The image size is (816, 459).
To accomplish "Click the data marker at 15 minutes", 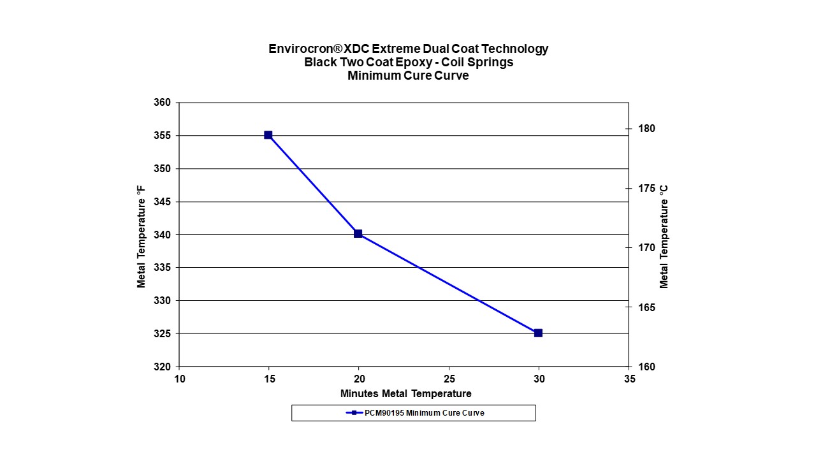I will (268, 135).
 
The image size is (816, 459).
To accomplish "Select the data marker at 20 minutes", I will (358, 234).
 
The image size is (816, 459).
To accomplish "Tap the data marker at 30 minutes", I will (538, 333).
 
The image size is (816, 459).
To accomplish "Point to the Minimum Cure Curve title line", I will (408, 75).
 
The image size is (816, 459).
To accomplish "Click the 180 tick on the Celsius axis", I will (647, 129).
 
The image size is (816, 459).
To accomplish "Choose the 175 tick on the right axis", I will (647, 188).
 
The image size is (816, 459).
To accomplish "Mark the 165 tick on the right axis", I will (647, 307).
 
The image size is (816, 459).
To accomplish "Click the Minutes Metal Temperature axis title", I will (405, 393).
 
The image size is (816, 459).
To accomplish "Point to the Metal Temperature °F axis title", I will (142, 236).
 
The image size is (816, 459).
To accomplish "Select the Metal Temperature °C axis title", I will (664, 236).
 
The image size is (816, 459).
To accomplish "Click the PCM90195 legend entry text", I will (424, 413).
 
